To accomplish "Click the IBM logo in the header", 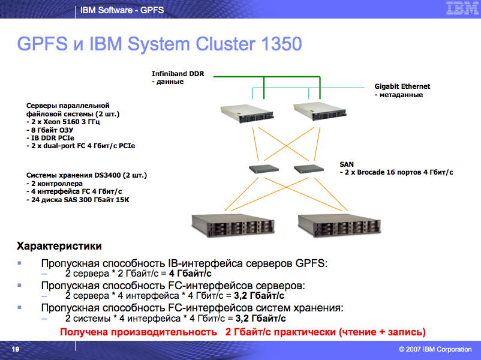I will (458, 8).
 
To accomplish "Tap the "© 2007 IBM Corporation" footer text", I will (434, 349).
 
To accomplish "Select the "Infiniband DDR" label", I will (178, 74).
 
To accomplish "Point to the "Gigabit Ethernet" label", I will (402, 86).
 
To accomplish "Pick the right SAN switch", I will (309, 169).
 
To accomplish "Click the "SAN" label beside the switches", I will (347, 163).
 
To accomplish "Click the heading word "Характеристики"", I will (59, 247).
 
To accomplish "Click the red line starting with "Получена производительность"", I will (243, 332).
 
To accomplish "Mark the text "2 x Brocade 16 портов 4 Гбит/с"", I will (398, 172).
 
